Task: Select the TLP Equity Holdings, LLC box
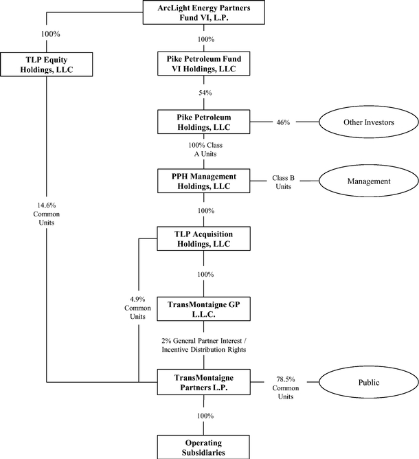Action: [x=45, y=65]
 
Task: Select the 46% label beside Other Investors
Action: [x=283, y=122]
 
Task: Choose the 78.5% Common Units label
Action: [x=283, y=381]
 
